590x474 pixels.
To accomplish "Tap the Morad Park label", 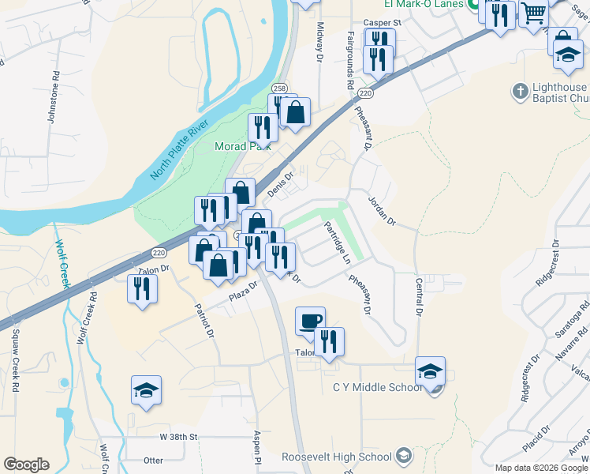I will pyautogui.click(x=244, y=146).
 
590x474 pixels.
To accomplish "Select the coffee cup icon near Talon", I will pyautogui.click(x=310, y=320).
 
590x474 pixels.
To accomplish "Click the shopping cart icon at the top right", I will pyautogui.click(x=534, y=13).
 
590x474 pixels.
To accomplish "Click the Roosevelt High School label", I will pyautogui.click(x=337, y=457).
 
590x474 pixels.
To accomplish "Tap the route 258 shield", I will pyautogui.click(x=279, y=88).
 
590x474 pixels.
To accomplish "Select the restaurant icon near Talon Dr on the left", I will pyautogui.click(x=142, y=288).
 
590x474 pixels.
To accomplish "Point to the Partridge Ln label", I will pyautogui.click(x=337, y=241).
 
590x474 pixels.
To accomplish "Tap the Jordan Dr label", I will pyautogui.click(x=382, y=210).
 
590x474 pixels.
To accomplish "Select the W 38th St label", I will pyautogui.click(x=178, y=436).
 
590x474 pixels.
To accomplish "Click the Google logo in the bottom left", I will pyautogui.click(x=26, y=465).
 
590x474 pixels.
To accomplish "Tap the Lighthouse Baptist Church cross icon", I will pyautogui.click(x=520, y=92).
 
